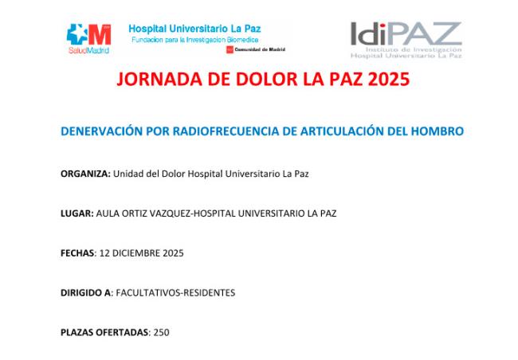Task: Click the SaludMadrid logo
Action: [x=89, y=39]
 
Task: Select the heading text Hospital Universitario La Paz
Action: [x=194, y=29]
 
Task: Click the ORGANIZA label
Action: [x=85, y=174]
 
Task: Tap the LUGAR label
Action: [x=77, y=213]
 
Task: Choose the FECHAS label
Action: [x=78, y=253]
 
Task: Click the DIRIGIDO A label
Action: [x=86, y=292]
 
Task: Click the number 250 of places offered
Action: [x=162, y=332]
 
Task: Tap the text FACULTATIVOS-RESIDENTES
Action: [x=175, y=292]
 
